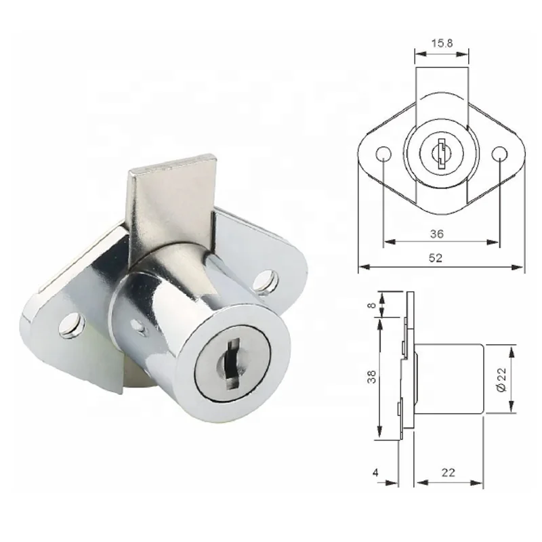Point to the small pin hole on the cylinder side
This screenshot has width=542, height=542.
pyautogui.click(x=140, y=328)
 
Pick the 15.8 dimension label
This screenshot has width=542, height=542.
pyautogui.click(x=442, y=43)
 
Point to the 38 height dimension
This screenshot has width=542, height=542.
pyautogui.click(x=370, y=376)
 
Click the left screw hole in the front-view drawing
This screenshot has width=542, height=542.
pyautogui.click(x=383, y=151)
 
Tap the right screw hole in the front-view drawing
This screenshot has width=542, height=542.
pyautogui.click(x=500, y=151)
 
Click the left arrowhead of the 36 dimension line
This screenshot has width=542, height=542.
pyautogui.click(x=387, y=242)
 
